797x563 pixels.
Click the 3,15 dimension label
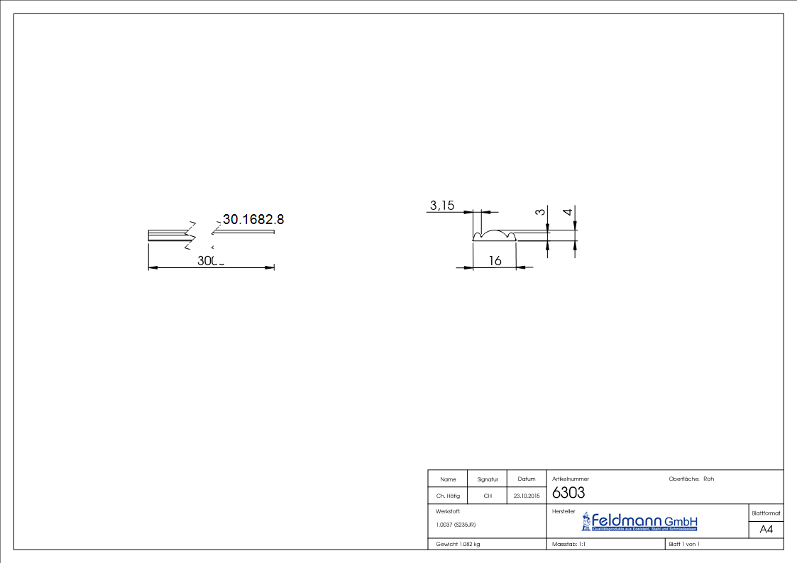(441, 206)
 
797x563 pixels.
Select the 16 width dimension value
(495, 261)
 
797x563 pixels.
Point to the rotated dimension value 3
(540, 212)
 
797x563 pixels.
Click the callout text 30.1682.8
(253, 220)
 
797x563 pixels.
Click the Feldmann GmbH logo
(639, 522)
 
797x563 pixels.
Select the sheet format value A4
(766, 530)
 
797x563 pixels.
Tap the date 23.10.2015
(526, 496)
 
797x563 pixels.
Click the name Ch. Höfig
(448, 496)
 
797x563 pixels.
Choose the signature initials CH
(488, 496)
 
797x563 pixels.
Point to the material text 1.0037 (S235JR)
(456, 525)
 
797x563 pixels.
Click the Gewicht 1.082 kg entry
(458, 544)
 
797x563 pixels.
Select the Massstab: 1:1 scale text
(568, 544)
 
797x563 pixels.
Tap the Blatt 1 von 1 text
(683, 544)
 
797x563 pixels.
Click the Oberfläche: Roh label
(691, 479)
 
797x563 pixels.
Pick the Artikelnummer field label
(571, 479)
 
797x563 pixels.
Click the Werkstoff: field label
(449, 511)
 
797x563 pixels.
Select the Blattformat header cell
(766, 513)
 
